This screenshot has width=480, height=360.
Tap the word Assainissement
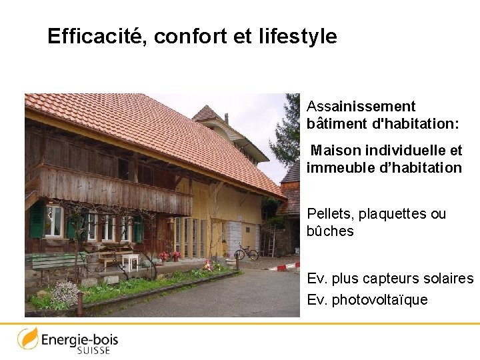point(361,107)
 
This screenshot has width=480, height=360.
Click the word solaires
point(445,278)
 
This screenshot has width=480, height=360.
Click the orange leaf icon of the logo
point(27,338)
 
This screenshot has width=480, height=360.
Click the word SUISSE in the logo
point(93,350)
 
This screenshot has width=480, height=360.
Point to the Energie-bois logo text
point(79,339)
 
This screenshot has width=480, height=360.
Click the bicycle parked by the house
point(246,252)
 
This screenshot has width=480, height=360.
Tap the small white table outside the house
point(130,260)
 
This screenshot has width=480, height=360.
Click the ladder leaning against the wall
point(271,241)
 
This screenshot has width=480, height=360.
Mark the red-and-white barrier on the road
point(287,266)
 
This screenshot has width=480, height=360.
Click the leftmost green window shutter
point(37,219)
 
